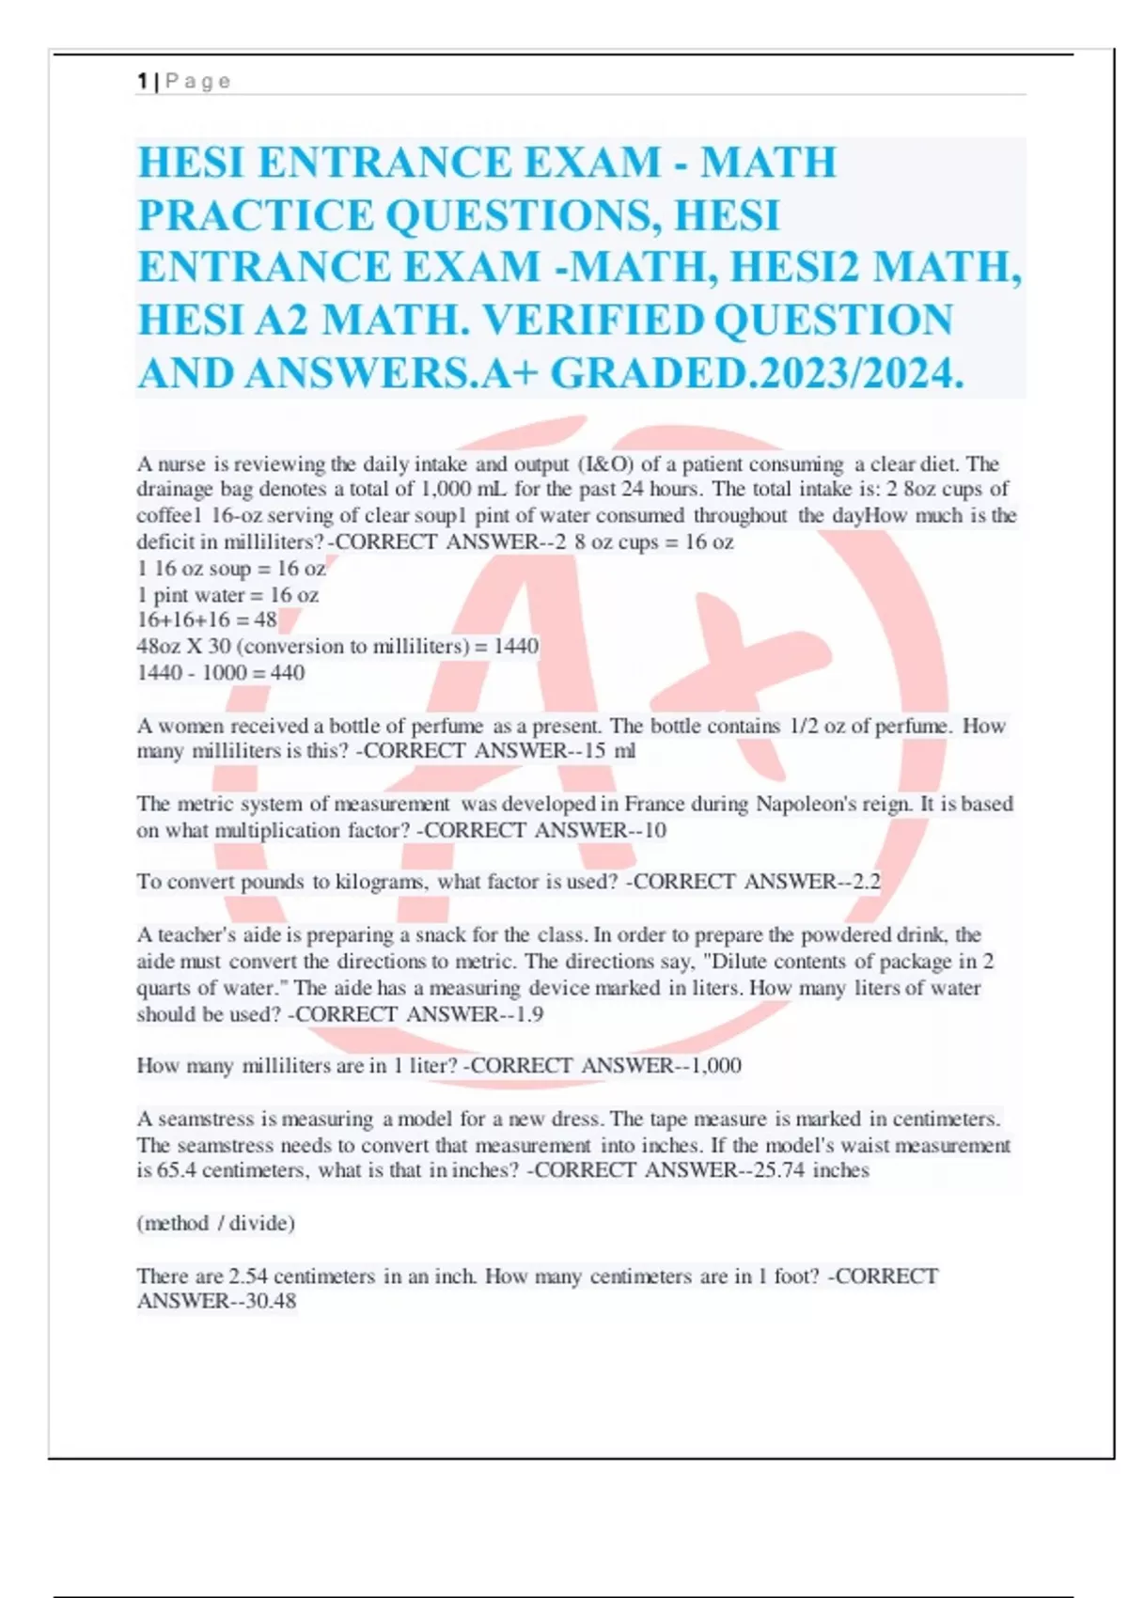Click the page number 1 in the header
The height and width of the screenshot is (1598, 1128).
141,82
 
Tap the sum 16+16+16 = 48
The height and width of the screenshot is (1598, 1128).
207,619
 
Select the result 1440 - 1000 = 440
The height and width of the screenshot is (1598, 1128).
221,672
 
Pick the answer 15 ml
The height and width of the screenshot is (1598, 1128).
609,751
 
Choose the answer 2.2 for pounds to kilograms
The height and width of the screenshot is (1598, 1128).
866,882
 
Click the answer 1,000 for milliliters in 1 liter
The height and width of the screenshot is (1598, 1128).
715,1066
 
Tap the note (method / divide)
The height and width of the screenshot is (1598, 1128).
216,1223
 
